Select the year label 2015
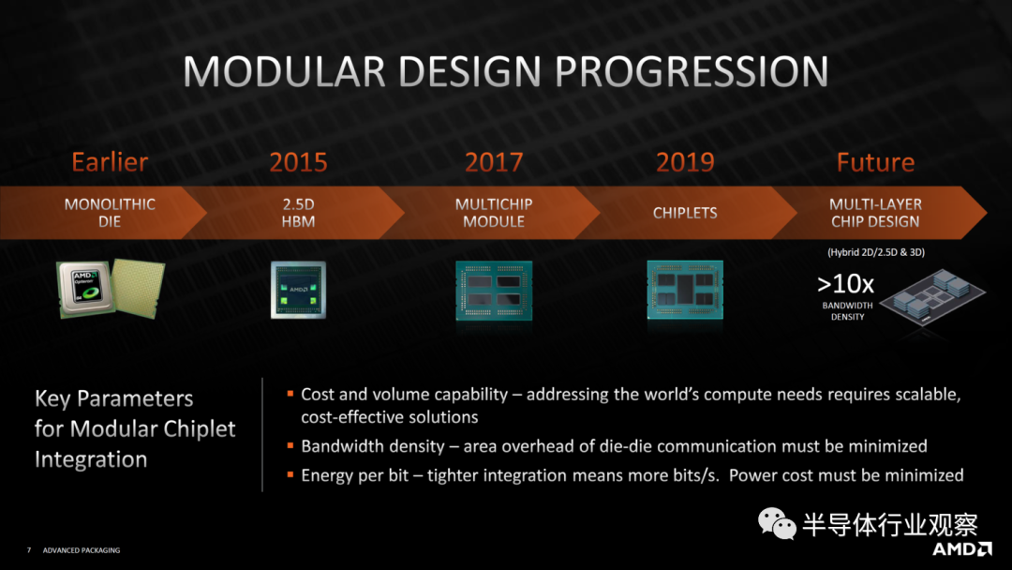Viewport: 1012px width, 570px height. (298, 162)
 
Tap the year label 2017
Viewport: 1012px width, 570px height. (494, 162)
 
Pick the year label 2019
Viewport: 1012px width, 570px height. (685, 162)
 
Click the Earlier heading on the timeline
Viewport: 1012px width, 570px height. (110, 162)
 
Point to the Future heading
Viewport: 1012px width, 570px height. (874, 162)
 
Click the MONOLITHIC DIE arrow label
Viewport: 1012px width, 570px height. (110, 213)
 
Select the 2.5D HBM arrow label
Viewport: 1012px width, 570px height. (298, 213)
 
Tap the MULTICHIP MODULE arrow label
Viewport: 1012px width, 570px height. (494, 213)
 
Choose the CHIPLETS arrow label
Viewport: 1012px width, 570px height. (685, 213)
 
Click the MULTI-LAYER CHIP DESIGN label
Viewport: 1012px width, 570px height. (874, 213)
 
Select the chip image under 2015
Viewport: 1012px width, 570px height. (298, 290)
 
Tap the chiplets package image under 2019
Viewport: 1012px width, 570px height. (685, 289)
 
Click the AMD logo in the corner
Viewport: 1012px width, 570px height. (961, 549)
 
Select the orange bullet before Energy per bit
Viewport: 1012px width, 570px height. (291, 475)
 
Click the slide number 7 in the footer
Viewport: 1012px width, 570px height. (29, 550)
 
